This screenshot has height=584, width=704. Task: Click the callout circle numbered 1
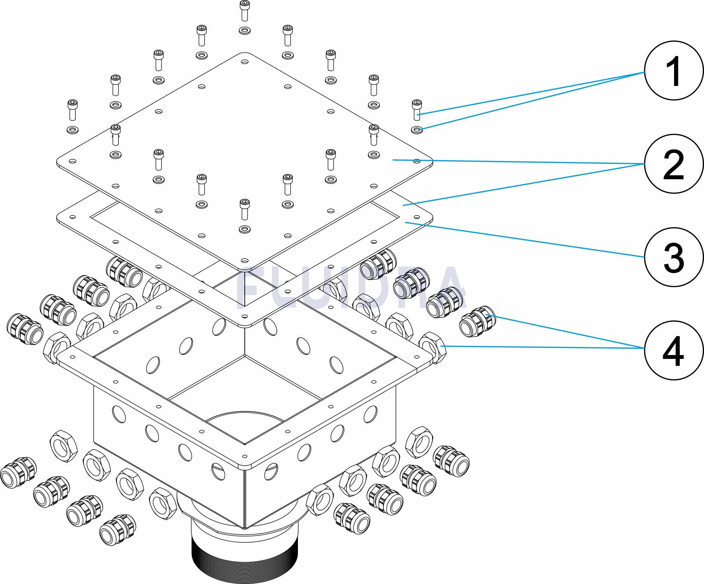tap(673, 73)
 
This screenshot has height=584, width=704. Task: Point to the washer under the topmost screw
tap(244, 30)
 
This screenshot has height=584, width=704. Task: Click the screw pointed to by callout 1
tap(417, 110)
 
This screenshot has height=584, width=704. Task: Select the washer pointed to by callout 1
tap(417, 130)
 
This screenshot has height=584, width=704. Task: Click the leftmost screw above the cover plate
tap(73, 110)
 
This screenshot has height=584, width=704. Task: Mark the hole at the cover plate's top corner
tap(244, 61)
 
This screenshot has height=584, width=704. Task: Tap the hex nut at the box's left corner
tap(56, 348)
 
